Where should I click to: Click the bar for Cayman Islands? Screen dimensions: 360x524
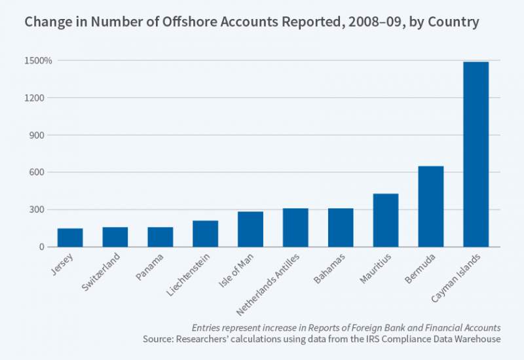pos(476,154)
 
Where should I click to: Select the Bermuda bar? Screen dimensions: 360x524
pos(430,206)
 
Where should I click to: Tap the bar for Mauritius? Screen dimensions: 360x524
pos(385,220)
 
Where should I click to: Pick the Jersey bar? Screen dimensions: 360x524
pos(69,238)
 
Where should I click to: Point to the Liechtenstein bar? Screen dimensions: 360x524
pos(205,234)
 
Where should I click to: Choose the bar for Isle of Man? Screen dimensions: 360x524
pos(250,229)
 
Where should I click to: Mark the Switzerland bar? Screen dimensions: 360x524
pos(115,237)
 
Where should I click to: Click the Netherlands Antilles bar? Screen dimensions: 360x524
pos(295,227)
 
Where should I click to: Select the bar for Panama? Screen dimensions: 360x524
pos(160,237)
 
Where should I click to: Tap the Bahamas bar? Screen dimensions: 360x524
pos(341,227)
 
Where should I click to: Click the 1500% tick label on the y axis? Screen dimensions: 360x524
pos(39,61)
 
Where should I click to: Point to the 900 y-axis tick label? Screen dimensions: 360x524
pos(43,135)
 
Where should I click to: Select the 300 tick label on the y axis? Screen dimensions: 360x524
pos(43,210)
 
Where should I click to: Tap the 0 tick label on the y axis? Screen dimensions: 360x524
pos(48,247)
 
